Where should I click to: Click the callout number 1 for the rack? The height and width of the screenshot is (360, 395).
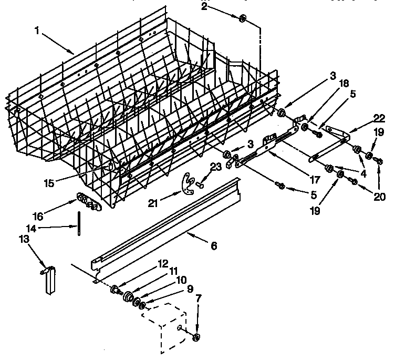(x=37, y=30)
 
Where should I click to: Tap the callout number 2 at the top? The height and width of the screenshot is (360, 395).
(x=204, y=6)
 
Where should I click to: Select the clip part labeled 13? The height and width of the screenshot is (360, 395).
(x=50, y=280)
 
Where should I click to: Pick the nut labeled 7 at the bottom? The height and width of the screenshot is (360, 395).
(x=196, y=337)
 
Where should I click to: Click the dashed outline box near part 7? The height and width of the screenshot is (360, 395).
(x=165, y=328)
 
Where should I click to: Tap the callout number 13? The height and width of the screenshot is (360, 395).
(x=24, y=240)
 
